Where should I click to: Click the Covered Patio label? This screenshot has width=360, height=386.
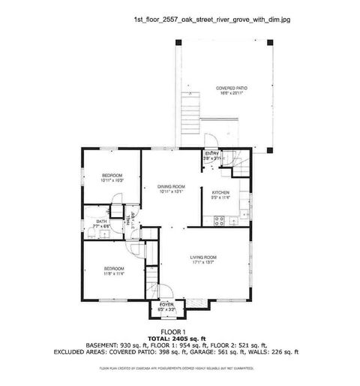(232, 91)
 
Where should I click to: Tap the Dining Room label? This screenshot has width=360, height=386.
(171, 189)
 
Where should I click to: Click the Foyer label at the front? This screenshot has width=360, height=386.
(166, 306)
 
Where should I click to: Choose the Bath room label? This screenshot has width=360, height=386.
(101, 223)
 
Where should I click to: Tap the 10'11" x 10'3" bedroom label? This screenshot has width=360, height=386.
(112, 178)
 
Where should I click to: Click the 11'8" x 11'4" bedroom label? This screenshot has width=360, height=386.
(113, 270)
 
